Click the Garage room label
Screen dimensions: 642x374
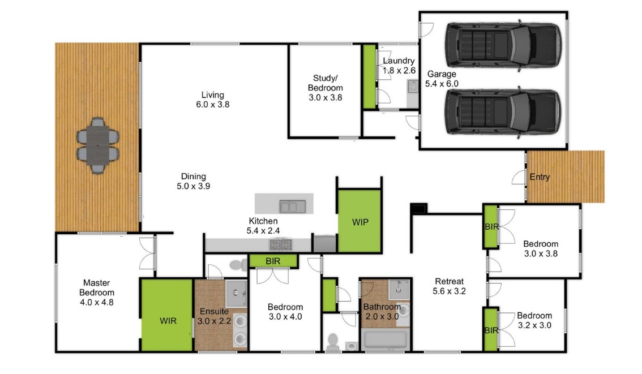(442, 74)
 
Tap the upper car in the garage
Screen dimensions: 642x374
(503, 45)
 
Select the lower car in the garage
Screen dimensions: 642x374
(503, 112)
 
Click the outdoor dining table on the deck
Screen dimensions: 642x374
(98, 145)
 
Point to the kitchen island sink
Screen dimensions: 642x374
(292, 207)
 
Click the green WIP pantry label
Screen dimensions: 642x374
(360, 222)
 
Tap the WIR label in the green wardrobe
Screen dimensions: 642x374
(168, 321)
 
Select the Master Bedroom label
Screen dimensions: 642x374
(97, 287)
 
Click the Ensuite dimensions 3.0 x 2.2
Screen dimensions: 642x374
(214, 321)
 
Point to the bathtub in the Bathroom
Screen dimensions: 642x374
(386, 340)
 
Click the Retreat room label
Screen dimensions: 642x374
(449, 282)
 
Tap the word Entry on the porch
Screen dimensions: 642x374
(540, 177)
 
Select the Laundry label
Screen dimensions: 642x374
(399, 61)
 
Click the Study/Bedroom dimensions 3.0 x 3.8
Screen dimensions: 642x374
(326, 98)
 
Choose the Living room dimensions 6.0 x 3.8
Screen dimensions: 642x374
(213, 105)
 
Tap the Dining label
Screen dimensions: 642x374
(193, 177)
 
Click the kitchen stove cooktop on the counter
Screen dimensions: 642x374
(281, 244)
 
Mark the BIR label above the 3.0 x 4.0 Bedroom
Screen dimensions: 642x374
(273, 261)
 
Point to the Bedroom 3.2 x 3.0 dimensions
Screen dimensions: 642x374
(534, 326)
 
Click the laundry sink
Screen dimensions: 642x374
(413, 87)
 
